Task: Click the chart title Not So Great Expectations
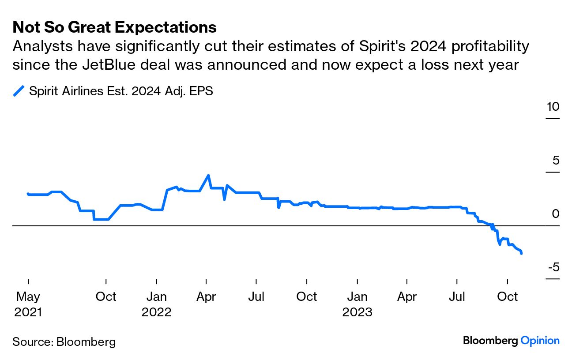115,27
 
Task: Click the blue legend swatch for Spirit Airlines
19,91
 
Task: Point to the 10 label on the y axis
552,107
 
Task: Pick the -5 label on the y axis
553,267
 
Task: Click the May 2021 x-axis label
28,304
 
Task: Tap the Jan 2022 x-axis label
157,304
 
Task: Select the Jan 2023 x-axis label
357,304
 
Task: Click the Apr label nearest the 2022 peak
207,297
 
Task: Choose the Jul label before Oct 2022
256,297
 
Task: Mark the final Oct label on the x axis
507,297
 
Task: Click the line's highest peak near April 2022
208,175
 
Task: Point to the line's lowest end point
522,253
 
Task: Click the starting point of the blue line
28,193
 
